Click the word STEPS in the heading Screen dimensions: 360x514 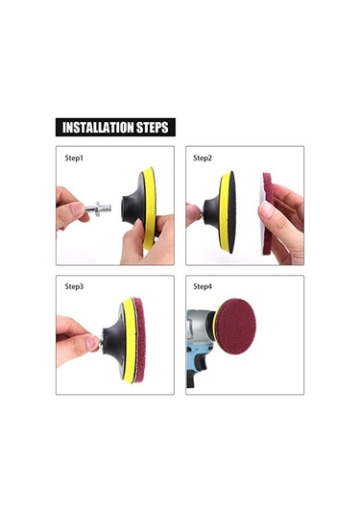(x=153, y=127)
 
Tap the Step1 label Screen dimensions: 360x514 (x=74, y=158)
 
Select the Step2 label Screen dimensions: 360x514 (x=203, y=158)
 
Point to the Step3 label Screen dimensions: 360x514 (x=74, y=286)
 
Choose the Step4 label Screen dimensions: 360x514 (x=203, y=286)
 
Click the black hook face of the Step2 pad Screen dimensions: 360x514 (x=232, y=212)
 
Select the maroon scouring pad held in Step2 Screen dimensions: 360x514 (x=267, y=213)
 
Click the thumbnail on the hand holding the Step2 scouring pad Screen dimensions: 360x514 (x=266, y=210)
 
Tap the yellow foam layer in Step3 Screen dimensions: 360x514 (x=129, y=341)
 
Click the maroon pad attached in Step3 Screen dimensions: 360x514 (x=139, y=340)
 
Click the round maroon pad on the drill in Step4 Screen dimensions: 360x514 (x=236, y=326)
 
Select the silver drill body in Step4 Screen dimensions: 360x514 (x=199, y=328)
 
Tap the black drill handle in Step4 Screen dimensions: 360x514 (x=194, y=371)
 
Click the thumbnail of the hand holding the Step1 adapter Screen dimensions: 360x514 (x=78, y=208)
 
